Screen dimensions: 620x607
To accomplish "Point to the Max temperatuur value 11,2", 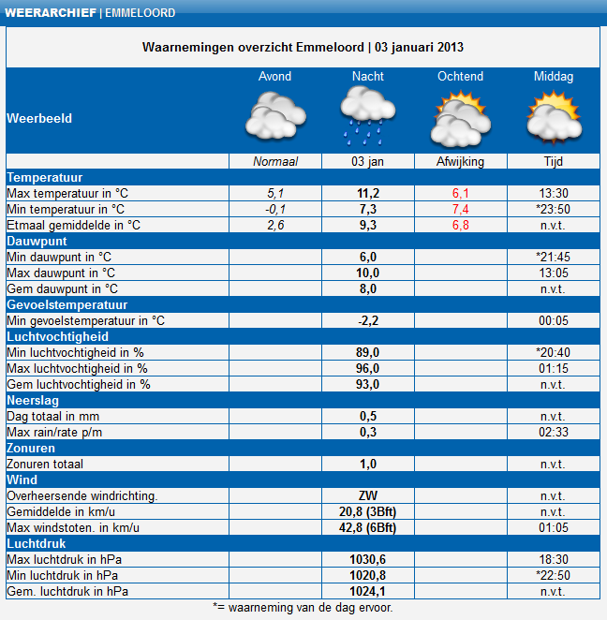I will click(x=367, y=193).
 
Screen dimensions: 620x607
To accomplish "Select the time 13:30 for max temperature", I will click(x=553, y=193).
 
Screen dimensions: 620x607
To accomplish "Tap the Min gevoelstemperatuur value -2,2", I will click(x=367, y=320).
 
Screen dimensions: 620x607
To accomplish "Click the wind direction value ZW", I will click(x=367, y=495).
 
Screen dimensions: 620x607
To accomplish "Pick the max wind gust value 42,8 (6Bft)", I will click(x=367, y=527).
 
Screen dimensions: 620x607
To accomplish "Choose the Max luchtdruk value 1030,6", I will click(x=367, y=559).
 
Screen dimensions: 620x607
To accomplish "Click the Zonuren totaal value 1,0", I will click(x=367, y=464).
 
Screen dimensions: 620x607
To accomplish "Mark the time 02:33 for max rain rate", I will click(x=553, y=432).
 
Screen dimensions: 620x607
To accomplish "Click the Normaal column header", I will click(x=274, y=161).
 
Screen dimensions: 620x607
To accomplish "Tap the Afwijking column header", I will click(x=460, y=161).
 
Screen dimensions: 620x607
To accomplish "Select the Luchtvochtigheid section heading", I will click(x=57, y=336).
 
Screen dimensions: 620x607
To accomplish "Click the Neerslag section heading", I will click(x=34, y=400).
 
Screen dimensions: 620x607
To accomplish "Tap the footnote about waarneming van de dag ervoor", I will click(x=303, y=607).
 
